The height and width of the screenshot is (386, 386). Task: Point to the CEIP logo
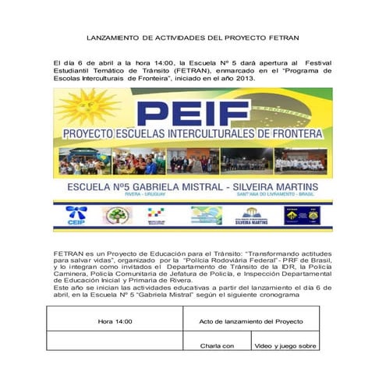click(x=76, y=216)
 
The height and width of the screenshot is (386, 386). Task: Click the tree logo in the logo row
click(x=118, y=215)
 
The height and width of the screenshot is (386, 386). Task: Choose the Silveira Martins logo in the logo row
click(x=251, y=215)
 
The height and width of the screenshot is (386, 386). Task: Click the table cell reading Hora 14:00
click(x=115, y=321)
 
